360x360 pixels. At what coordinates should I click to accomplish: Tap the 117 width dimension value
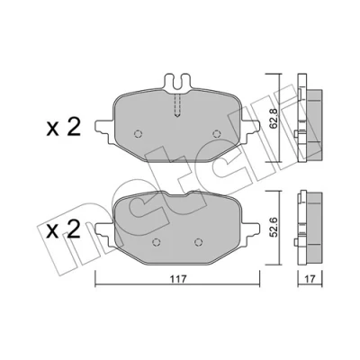pos(178,278)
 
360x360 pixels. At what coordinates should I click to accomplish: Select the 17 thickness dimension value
pos(310,279)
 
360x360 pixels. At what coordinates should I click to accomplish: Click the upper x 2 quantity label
pos(64,128)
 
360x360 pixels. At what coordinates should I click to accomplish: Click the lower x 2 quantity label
pos(64,229)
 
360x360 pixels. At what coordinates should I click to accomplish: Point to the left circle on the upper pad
pos(138,134)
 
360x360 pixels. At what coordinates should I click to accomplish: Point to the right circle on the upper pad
pos(216,134)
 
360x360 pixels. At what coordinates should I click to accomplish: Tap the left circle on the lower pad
pos(156,242)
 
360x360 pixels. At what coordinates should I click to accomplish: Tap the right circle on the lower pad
pos(198,242)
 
